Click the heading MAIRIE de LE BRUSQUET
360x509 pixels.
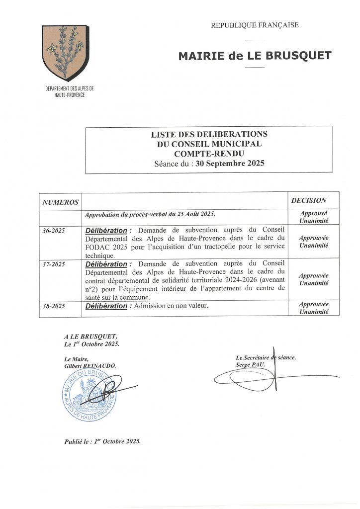pos(255,56)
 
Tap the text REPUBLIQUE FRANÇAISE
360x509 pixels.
pos(255,25)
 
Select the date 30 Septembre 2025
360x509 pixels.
pos(230,163)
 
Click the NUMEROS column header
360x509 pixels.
pos(61,202)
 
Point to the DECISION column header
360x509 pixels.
pos(309,200)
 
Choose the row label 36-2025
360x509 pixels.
pos(54,231)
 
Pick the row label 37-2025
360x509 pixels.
pos(54,263)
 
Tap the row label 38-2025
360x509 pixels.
pos(54,306)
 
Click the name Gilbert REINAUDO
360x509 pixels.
pos(90,365)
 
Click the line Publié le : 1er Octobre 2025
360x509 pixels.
pos(102,441)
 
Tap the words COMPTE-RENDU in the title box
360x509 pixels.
pos(209,153)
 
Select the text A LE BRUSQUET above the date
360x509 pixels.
pos(91,337)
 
